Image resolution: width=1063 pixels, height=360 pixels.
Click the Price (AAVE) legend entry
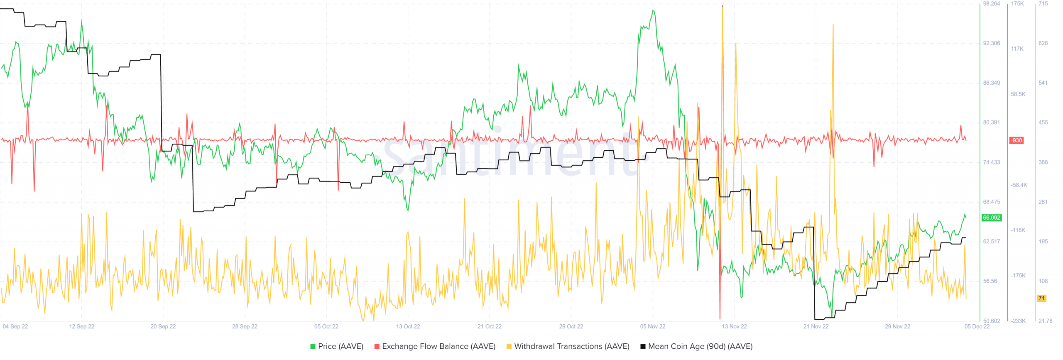pyautogui.click(x=337, y=346)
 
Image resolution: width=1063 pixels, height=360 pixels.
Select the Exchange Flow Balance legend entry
pyautogui.click(x=435, y=346)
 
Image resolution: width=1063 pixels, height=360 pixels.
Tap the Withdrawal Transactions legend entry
pyautogui.click(x=568, y=346)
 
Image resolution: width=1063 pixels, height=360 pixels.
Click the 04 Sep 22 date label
pyautogui.click(x=15, y=326)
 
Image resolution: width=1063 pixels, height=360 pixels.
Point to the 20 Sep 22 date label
pyautogui.click(x=163, y=326)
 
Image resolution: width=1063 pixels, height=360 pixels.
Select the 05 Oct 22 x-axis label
pyautogui.click(x=326, y=326)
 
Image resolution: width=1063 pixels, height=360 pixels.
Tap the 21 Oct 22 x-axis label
pyautogui.click(x=489, y=326)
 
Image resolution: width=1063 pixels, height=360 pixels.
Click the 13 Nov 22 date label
pyautogui.click(x=734, y=326)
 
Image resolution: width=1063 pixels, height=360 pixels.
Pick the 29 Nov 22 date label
pyautogui.click(x=897, y=326)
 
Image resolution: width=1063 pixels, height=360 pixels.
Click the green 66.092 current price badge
pyautogui.click(x=991, y=218)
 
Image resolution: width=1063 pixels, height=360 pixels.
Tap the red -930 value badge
pyautogui.click(x=1016, y=140)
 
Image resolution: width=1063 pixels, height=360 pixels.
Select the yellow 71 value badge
pyautogui.click(x=1041, y=298)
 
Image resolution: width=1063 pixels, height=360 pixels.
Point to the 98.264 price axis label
pyautogui.click(x=991, y=4)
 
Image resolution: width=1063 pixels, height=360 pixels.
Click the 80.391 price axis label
pyautogui.click(x=991, y=122)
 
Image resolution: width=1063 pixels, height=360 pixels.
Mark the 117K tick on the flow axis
pyautogui.click(x=1017, y=49)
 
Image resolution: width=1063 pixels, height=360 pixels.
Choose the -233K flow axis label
pyautogui.click(x=1018, y=321)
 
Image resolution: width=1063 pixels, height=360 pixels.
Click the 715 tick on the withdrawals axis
pyautogui.click(x=1043, y=4)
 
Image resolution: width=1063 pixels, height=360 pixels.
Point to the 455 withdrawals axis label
pyautogui.click(x=1043, y=122)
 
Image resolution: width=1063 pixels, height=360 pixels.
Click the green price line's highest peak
pyautogui.click(x=653, y=11)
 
